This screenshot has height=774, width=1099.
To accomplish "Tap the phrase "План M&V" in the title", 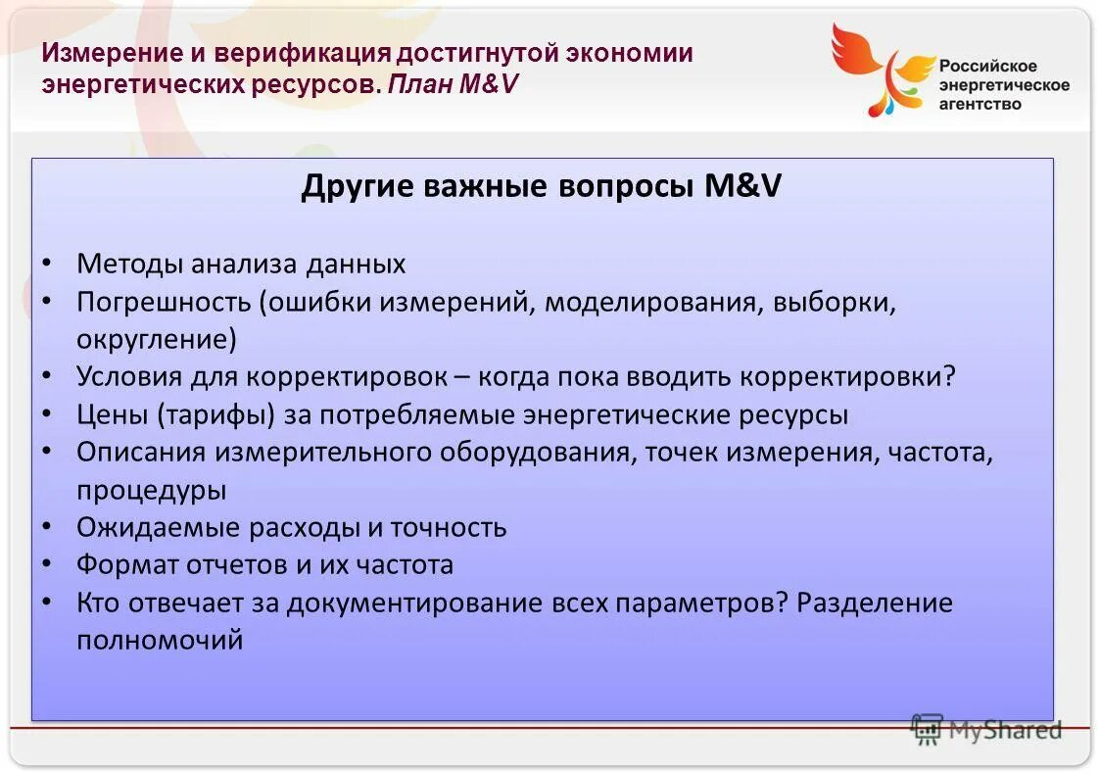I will [x=452, y=84].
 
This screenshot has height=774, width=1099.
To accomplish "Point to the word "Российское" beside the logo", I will [x=987, y=66].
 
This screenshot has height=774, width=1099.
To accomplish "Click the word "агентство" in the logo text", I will [x=980, y=104].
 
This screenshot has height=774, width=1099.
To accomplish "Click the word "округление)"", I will [x=157, y=339].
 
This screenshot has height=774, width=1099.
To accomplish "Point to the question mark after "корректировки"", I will [x=947, y=377].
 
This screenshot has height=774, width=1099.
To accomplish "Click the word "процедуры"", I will [x=151, y=490].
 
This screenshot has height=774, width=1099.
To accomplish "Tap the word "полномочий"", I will [x=159, y=640].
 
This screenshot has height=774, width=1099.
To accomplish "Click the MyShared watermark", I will [x=986, y=728].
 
